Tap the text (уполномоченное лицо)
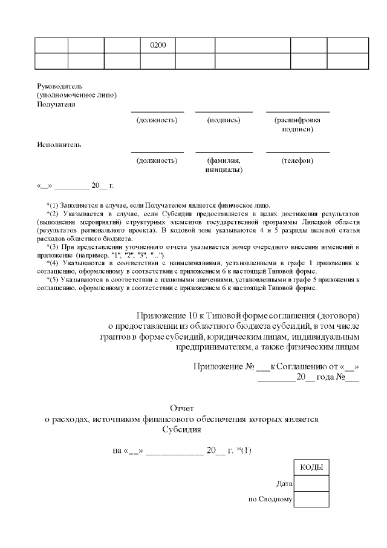point(77,95)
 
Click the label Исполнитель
point(59,145)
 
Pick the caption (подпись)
point(224,120)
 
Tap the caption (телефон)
point(298,160)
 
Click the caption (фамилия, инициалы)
point(224,165)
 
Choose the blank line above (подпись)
point(224,112)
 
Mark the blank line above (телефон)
point(298,153)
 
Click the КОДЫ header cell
point(311,468)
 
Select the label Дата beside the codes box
point(284,484)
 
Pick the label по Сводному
point(270,500)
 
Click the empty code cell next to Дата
point(311,484)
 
